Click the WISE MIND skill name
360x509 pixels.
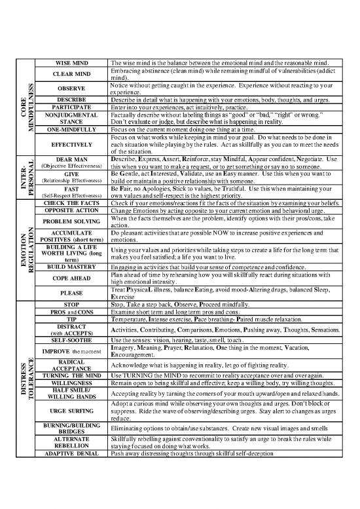pyautogui.click(x=73, y=63)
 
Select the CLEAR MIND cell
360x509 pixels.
pyautogui.click(x=73, y=73)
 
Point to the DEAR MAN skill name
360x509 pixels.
pyautogui.click(x=73, y=160)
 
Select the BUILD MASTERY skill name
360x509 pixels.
pyautogui.click(x=73, y=267)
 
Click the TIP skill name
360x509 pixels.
pyautogui.click(x=73, y=319)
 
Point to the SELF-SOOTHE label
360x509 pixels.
pyautogui.click(x=73, y=341)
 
